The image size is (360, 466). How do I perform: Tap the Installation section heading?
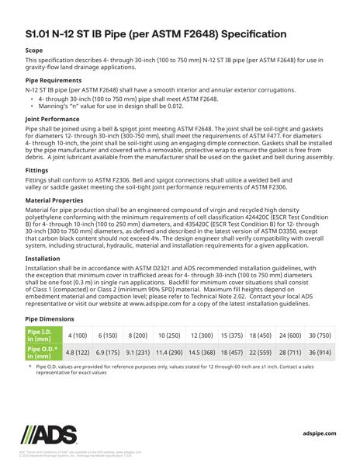[44, 277]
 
